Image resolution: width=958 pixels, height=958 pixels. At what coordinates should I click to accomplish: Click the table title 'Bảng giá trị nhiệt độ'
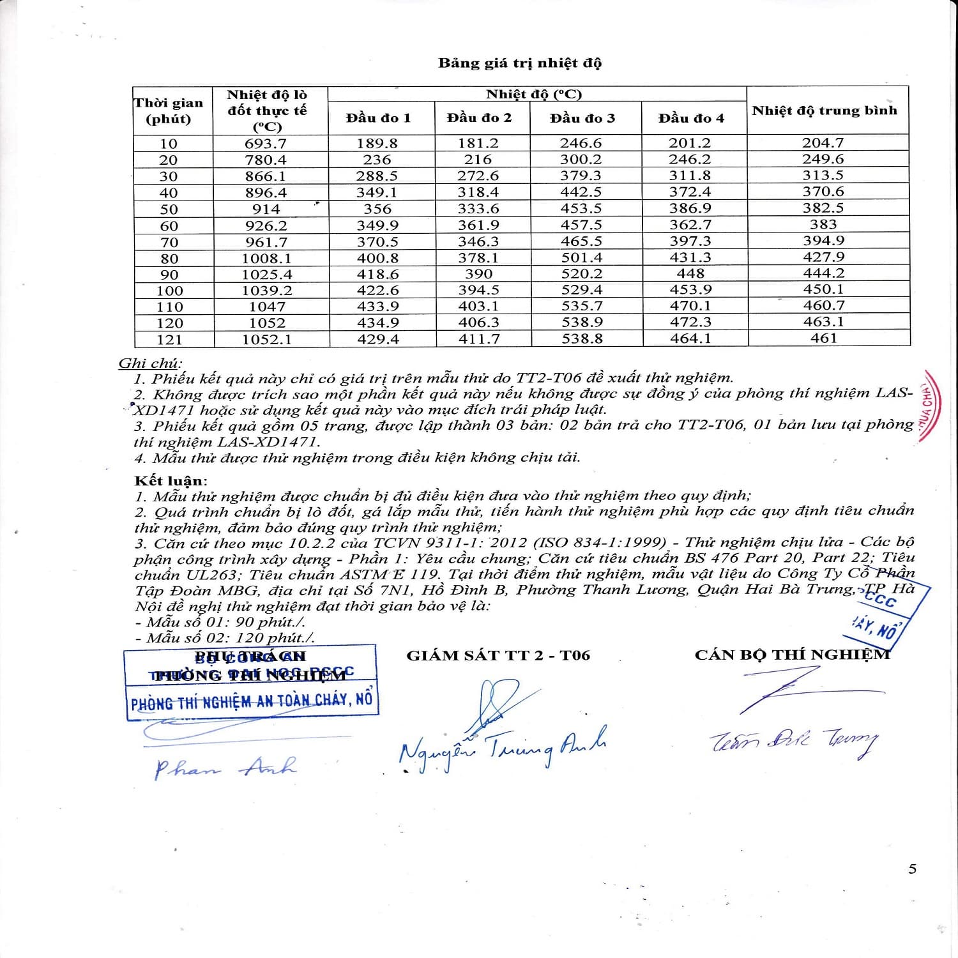[519, 63]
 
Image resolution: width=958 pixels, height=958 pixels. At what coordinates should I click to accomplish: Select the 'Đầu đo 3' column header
[582, 118]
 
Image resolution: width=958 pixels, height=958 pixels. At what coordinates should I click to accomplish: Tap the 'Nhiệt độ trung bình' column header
[824, 110]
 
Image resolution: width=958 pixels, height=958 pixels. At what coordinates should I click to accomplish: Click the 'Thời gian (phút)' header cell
[169, 110]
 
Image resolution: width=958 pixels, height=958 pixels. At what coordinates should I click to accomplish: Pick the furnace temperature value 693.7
[266, 144]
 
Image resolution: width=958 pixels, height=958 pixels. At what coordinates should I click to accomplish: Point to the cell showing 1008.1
[266, 258]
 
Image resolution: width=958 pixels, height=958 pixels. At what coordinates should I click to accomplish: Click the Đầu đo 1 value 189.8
[377, 143]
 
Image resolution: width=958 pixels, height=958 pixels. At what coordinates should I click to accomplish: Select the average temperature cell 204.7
[823, 143]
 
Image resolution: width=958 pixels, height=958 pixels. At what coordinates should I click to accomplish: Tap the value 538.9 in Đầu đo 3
[581, 323]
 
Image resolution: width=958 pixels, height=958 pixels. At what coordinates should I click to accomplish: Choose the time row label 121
[169, 340]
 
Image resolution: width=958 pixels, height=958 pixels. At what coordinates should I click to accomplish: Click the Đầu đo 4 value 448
[690, 273]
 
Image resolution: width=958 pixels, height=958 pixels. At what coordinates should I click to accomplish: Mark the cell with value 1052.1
[266, 340]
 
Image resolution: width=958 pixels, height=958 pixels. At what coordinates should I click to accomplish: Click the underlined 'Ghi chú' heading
[149, 363]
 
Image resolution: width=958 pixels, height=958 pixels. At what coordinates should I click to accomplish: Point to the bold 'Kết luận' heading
[170, 480]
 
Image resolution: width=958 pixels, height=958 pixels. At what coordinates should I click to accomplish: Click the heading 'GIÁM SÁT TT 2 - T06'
[498, 655]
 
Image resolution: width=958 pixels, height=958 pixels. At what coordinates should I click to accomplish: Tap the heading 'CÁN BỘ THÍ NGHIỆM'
[792, 655]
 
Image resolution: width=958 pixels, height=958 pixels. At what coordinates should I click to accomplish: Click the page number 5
[912, 869]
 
